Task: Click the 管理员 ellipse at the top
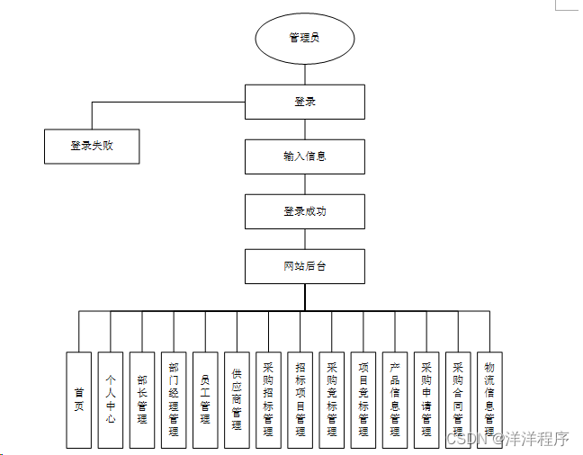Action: click(x=305, y=38)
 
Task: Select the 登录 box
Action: click(x=305, y=102)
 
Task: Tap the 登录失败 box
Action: click(x=92, y=146)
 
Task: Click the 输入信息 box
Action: click(x=305, y=156)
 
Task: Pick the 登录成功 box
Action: click(x=305, y=211)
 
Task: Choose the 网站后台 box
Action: click(x=305, y=266)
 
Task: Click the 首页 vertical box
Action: click(x=79, y=399)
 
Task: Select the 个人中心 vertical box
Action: click(x=111, y=399)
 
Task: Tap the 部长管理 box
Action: click(x=142, y=399)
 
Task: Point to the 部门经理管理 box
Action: click(x=174, y=399)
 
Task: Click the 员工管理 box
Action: click(x=205, y=399)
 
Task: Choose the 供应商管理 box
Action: click(x=237, y=399)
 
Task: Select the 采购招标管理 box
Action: click(x=268, y=399)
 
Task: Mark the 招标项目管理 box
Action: click(x=300, y=399)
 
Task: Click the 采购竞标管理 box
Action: click(x=332, y=399)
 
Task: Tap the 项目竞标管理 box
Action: click(x=363, y=399)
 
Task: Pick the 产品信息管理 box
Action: click(x=395, y=399)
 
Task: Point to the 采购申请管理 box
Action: click(x=426, y=399)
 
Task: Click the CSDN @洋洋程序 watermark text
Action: click(x=507, y=439)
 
